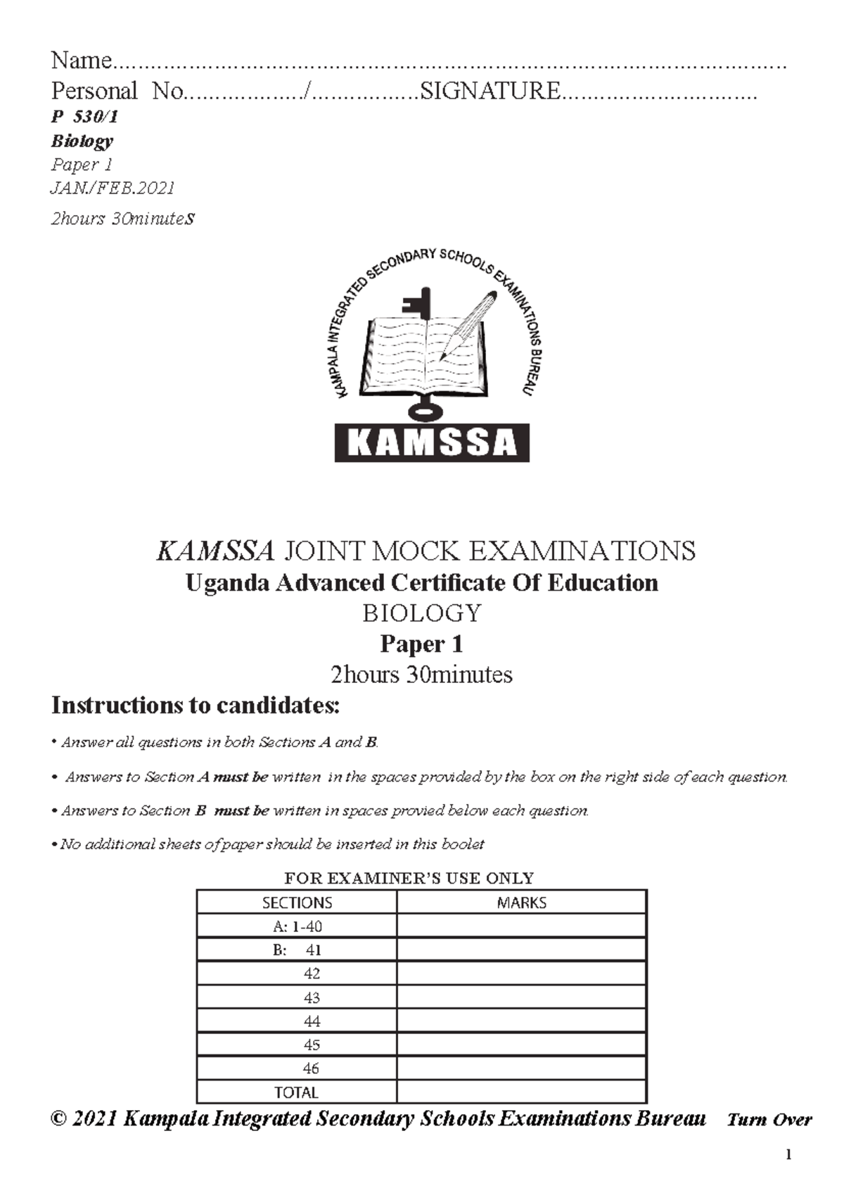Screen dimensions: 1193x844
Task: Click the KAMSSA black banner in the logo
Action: coord(431,442)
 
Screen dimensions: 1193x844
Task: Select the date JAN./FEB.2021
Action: coord(113,188)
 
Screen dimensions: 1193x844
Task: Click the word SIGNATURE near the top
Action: coord(490,91)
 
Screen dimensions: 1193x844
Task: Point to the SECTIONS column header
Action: coord(297,902)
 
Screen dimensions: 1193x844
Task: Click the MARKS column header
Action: coord(521,902)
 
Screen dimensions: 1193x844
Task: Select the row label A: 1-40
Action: coord(297,926)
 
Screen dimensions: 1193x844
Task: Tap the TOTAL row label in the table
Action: coord(296,1092)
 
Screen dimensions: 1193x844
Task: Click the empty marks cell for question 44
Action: coord(521,1021)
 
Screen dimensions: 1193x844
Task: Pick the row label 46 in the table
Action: coord(311,1068)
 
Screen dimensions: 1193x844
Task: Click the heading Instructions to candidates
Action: coord(196,705)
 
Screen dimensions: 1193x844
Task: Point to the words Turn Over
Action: coord(769,1119)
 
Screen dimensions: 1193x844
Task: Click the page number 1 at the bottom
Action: coord(789,1154)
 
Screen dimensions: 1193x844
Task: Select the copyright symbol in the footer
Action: coord(59,1118)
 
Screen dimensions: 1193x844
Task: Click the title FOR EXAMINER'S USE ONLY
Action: coord(409,878)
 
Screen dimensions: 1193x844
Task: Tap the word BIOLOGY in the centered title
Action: coord(421,613)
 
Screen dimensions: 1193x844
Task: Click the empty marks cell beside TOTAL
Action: coord(521,1092)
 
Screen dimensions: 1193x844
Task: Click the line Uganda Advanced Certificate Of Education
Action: coord(421,582)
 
